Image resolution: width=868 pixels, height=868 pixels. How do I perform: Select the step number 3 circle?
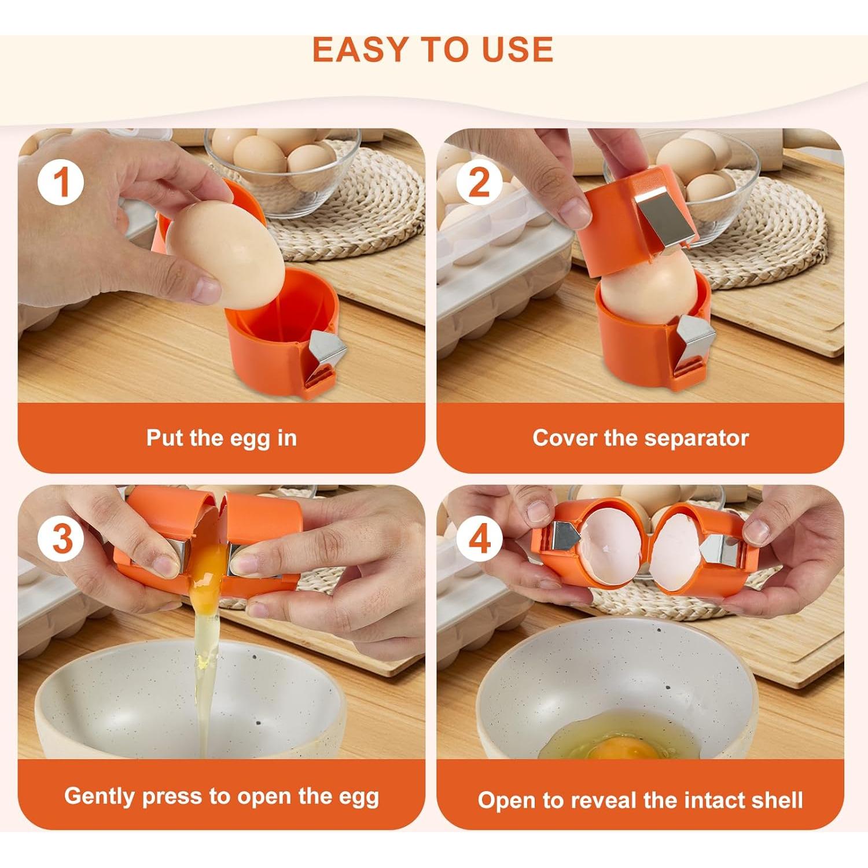point(61,539)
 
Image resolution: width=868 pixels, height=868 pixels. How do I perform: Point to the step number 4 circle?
point(479,539)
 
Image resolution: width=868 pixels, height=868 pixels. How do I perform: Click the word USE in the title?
point(518,50)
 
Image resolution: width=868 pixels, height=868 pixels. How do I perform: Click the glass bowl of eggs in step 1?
point(284,168)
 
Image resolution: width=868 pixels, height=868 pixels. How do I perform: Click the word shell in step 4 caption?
point(778,800)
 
